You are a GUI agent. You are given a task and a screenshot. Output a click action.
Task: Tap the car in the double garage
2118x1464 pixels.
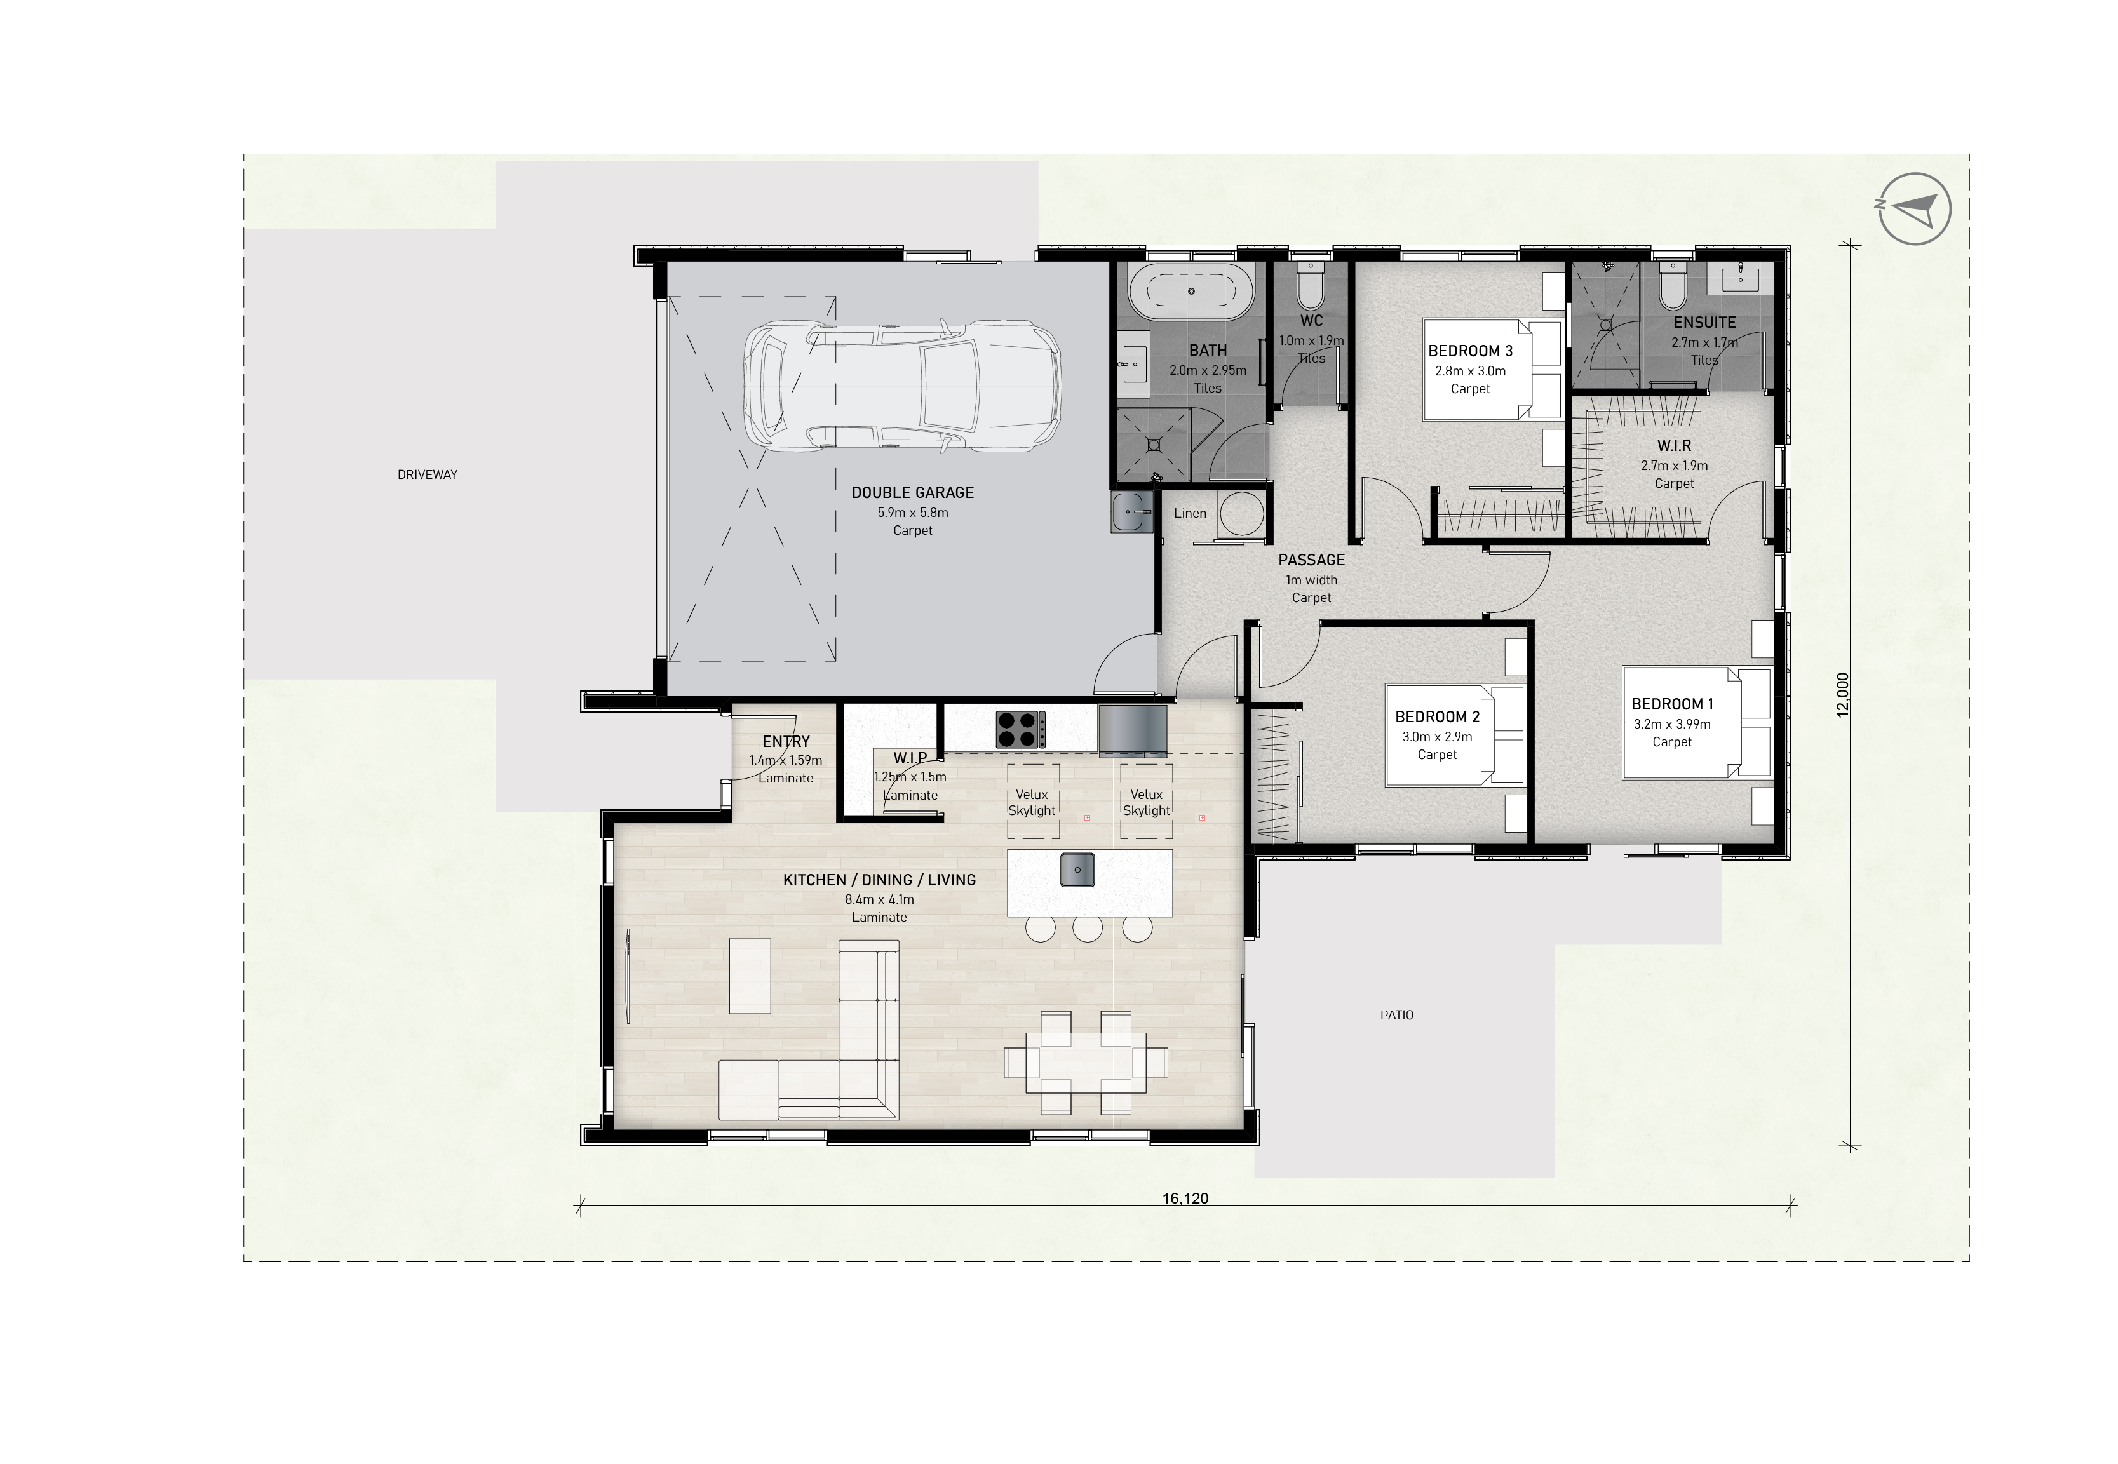(x=901, y=386)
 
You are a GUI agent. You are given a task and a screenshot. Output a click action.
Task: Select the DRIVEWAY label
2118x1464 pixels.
(x=428, y=474)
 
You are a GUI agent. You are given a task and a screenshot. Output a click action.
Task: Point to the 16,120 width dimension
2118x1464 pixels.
(x=1185, y=1198)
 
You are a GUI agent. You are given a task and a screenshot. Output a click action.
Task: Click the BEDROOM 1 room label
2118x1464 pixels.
(x=1672, y=704)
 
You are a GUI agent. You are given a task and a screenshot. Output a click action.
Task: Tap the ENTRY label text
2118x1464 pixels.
(x=786, y=741)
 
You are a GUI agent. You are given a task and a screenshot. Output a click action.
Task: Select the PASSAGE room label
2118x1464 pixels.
(x=1312, y=560)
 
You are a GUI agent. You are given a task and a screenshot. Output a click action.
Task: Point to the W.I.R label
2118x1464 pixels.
(x=1674, y=446)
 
